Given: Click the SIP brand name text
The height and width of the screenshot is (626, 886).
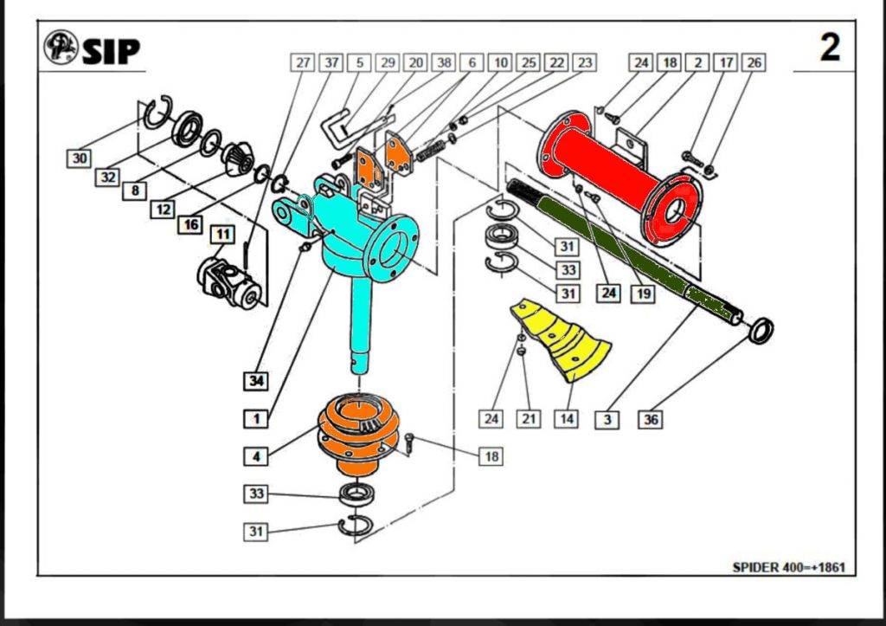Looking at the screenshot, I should click(x=111, y=50).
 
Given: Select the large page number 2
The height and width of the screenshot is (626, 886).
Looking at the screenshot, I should click(x=829, y=48).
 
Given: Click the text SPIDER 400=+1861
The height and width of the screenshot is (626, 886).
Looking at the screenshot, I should click(x=788, y=568).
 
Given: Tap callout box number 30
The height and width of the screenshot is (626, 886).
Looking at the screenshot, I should click(x=80, y=158).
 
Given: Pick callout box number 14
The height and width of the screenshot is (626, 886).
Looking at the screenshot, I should click(x=566, y=419).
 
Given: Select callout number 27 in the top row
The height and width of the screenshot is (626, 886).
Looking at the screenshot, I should click(x=302, y=63).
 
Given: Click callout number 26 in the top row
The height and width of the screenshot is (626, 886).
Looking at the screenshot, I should click(x=754, y=63).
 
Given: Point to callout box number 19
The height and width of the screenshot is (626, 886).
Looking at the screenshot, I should click(x=642, y=293).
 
